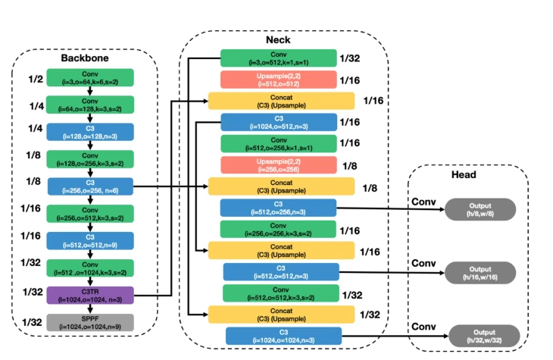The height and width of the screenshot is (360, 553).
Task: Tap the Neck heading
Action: (x=278, y=39)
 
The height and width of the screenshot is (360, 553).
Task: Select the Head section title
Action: (x=464, y=174)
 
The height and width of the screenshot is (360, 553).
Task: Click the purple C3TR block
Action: (x=90, y=295)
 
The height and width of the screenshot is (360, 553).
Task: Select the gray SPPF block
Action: (x=90, y=322)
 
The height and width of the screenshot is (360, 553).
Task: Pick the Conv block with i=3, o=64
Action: (x=90, y=77)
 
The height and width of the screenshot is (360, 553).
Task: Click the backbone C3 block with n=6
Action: (x=90, y=186)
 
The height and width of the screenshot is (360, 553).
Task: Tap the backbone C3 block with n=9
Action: (x=90, y=240)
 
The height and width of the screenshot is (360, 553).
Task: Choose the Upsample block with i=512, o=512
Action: (x=278, y=80)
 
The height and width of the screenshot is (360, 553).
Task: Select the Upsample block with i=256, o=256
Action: (x=278, y=164)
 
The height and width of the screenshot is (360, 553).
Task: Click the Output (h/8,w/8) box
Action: (x=480, y=208)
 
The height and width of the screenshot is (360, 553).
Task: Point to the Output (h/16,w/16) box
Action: (x=480, y=272)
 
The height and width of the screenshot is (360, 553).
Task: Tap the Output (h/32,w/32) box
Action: (x=483, y=334)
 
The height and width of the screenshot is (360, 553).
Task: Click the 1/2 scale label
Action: (x=35, y=79)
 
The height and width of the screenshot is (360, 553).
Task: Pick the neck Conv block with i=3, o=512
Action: (x=278, y=58)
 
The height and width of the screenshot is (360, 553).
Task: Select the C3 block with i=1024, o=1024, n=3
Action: (x=281, y=336)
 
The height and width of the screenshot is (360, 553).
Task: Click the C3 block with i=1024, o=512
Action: (x=278, y=122)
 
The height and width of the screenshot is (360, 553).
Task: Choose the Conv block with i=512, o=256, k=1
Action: (x=278, y=143)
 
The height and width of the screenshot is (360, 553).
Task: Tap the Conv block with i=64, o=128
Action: (x=90, y=104)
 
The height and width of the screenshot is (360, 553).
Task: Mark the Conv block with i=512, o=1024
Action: (x=90, y=268)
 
